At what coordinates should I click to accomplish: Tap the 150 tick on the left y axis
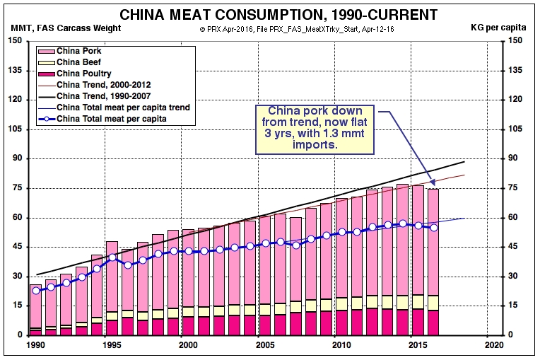coord(14,40)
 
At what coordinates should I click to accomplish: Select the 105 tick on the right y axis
coord(515,129)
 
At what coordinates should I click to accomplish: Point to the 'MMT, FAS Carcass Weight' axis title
coord(66,28)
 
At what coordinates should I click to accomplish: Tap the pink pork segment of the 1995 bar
coord(112,276)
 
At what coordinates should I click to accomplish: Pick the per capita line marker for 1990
coord(36,290)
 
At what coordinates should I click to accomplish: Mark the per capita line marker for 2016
coord(434,227)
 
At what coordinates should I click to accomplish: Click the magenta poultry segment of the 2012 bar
coord(372,322)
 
